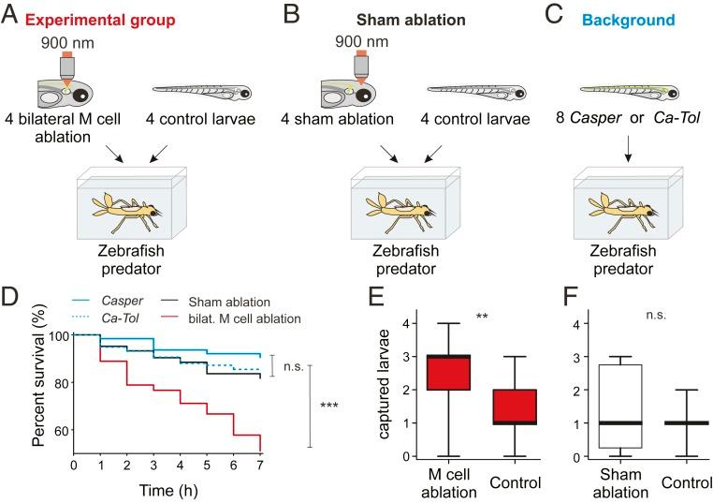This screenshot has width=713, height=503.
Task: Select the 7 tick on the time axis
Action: point(260,465)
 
